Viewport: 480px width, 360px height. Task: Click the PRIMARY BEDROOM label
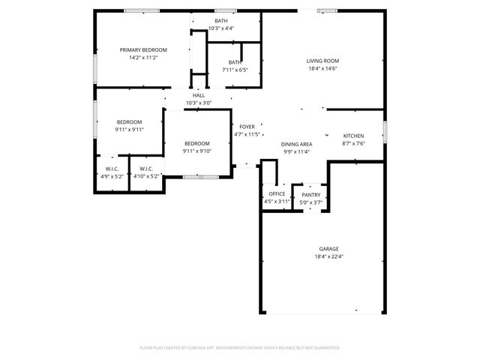coord(144,49)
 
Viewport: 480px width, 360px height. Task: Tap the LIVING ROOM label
coord(322,61)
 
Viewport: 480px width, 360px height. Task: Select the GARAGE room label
coord(328,248)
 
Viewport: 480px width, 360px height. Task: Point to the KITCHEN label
coord(353,136)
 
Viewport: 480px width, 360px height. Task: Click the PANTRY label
coord(310,195)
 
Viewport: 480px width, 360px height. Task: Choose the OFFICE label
coord(277,193)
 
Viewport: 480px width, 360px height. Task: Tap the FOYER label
coord(247,127)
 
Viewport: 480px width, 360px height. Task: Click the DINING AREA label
coord(297,144)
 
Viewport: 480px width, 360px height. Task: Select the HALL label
coord(199,95)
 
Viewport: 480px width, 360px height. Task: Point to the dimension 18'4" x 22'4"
coord(328,256)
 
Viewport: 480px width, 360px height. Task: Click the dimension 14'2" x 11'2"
coord(144,58)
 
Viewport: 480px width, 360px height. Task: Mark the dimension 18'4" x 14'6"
coord(322,69)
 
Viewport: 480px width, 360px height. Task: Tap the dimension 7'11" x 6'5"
coord(235,70)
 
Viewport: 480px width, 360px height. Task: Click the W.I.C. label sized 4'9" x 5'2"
coord(112,169)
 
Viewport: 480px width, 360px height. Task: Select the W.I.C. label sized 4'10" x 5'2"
coord(146,169)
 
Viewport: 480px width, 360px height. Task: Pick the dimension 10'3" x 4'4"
coord(221,28)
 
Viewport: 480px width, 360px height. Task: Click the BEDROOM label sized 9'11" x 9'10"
coord(197,143)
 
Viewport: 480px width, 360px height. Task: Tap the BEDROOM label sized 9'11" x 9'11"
coord(129,121)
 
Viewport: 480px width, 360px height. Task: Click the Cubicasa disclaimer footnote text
coord(240,347)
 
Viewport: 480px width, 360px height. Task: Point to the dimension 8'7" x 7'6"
coord(353,144)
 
